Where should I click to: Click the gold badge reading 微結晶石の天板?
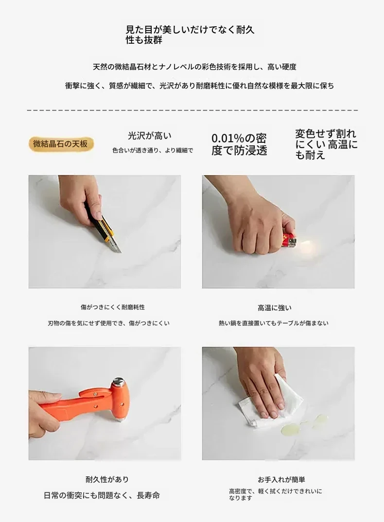[60, 144]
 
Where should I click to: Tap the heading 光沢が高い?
[150, 136]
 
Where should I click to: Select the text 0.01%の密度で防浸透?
[239, 145]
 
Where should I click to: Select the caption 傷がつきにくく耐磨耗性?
[113, 307]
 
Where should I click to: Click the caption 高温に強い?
[275, 308]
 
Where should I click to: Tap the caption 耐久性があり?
[107, 479]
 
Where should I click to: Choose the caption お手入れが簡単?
[281, 480]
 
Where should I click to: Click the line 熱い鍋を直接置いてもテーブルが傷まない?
[273, 323]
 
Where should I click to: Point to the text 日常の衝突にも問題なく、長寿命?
[102, 495]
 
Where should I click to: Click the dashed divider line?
[192, 110]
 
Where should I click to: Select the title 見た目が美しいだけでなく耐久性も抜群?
[190, 34]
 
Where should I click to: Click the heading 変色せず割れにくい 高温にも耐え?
[326, 144]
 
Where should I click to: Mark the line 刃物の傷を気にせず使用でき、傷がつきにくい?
[109, 323]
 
